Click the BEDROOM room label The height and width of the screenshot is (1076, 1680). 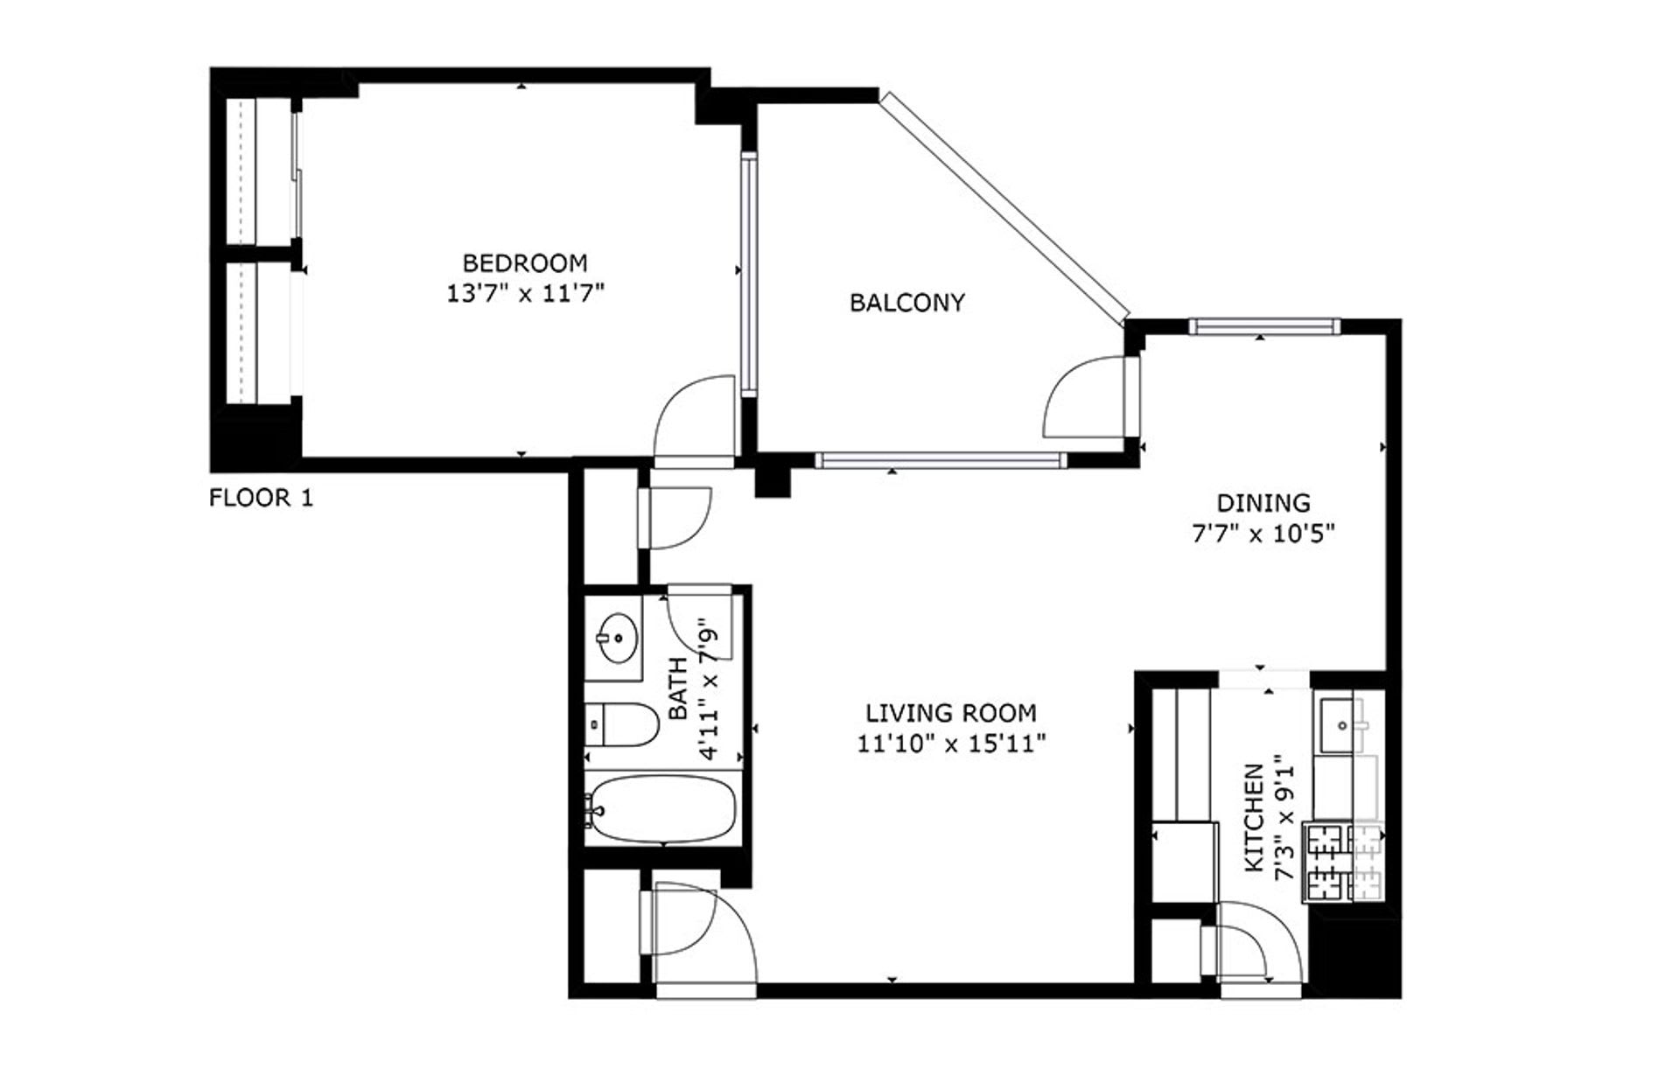(x=525, y=262)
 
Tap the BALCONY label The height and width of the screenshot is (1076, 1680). (x=907, y=303)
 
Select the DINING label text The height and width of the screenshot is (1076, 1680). (x=1263, y=503)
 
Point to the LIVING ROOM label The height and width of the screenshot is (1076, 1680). (x=951, y=713)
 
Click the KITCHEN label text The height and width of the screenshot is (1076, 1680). (x=1254, y=818)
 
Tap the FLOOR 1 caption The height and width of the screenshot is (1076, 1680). (x=261, y=499)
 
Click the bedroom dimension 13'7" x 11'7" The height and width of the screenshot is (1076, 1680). (x=526, y=293)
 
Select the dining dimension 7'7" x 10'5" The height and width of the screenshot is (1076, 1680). (x=1263, y=534)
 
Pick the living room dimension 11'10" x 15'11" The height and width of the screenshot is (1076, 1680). (x=952, y=744)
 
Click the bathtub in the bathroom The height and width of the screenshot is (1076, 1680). (x=662, y=809)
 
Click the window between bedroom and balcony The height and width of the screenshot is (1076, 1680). (x=749, y=275)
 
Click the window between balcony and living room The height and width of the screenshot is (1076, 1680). (x=941, y=459)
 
